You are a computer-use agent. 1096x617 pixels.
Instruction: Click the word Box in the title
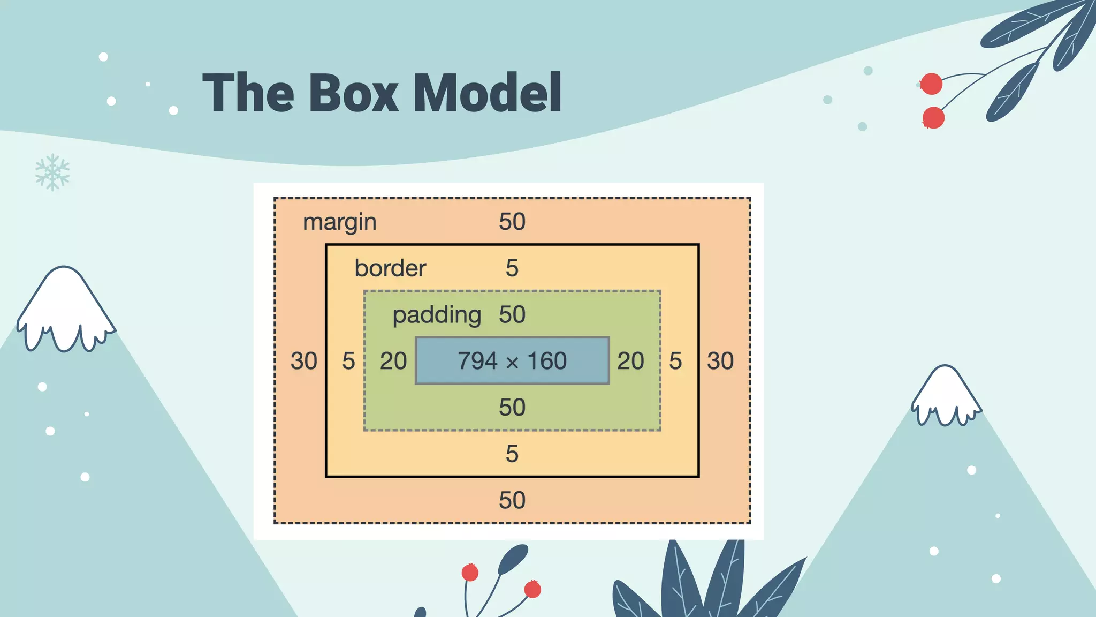[353, 93]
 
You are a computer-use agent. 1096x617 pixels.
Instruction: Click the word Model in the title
[487, 93]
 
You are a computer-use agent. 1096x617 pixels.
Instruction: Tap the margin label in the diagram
[339, 222]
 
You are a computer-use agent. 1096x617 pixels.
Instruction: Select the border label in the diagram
[390, 268]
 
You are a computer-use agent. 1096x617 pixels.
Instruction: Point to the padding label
[437, 314]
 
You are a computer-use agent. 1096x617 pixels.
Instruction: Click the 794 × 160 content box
[512, 360]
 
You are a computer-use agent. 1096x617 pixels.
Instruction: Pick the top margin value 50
[512, 222]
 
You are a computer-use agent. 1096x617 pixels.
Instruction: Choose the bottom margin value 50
[512, 500]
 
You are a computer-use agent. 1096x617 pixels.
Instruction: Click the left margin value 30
[303, 361]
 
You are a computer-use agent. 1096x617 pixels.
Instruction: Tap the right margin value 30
[720, 361]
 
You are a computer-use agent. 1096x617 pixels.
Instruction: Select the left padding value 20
[393, 361]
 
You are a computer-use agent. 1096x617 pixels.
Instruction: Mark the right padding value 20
[630, 361]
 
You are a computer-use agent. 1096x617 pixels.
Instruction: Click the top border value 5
[512, 268]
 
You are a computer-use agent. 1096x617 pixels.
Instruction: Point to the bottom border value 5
[512, 454]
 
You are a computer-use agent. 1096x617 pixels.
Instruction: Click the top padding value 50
[512, 314]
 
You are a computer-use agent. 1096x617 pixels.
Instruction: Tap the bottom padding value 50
[512, 408]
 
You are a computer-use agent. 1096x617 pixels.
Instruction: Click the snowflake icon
[52, 172]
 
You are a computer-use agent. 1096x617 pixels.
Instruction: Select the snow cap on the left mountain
[64, 305]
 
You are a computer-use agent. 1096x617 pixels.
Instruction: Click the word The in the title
[248, 93]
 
